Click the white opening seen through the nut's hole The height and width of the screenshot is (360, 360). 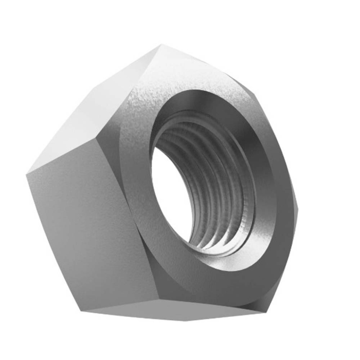[x=167, y=185]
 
